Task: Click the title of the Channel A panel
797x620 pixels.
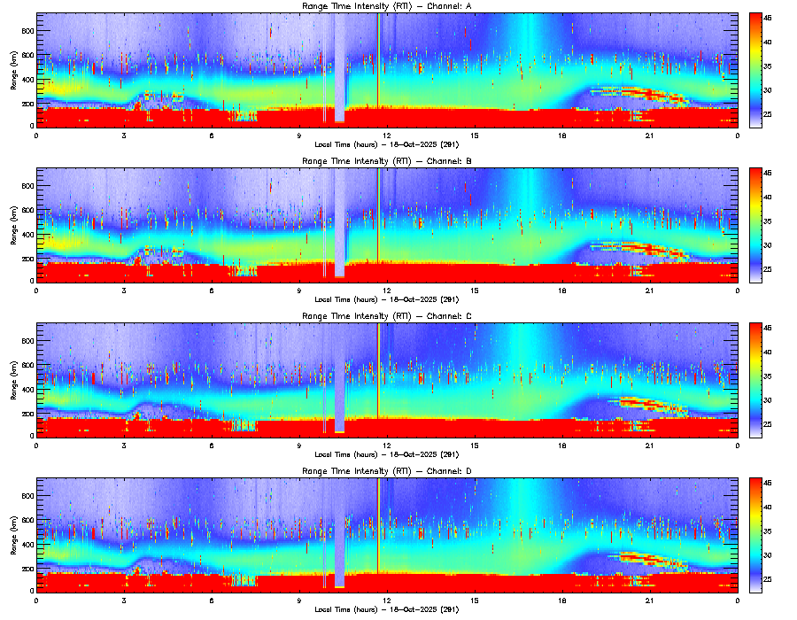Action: (386, 7)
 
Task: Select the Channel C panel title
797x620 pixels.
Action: (386, 316)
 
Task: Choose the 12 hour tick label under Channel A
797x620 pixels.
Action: (387, 136)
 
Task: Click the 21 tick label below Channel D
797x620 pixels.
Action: (649, 600)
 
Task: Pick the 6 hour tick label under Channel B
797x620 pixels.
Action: (212, 290)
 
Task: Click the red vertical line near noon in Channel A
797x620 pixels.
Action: (378, 71)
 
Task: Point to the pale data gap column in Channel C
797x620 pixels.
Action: (340, 381)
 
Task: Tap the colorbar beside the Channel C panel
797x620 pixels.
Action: (755, 380)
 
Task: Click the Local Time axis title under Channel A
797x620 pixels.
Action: (386, 144)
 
